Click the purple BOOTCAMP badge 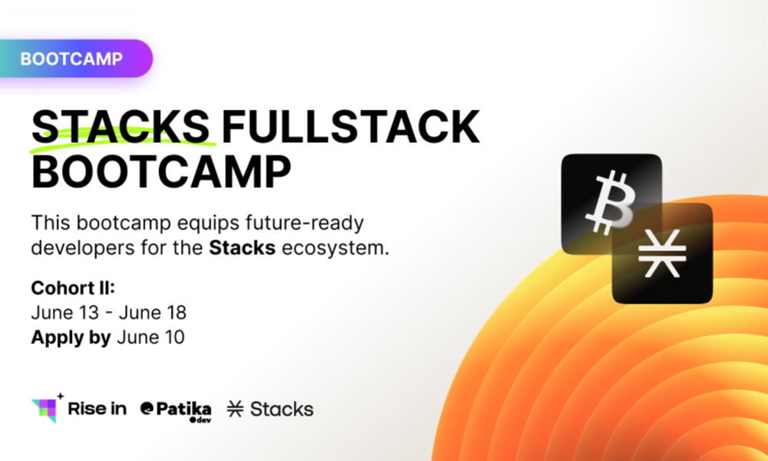(76, 59)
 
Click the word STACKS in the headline (121, 127)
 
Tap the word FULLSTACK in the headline (351, 127)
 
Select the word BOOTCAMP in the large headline (161, 172)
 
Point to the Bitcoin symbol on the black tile (611, 203)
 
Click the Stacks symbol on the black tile (662, 253)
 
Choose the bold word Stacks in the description (242, 248)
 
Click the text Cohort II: (72, 288)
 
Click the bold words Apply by (71, 338)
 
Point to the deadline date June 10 (151, 337)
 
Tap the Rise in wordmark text (97, 409)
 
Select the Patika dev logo (176, 411)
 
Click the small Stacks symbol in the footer (236, 409)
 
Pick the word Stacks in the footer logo (282, 409)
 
